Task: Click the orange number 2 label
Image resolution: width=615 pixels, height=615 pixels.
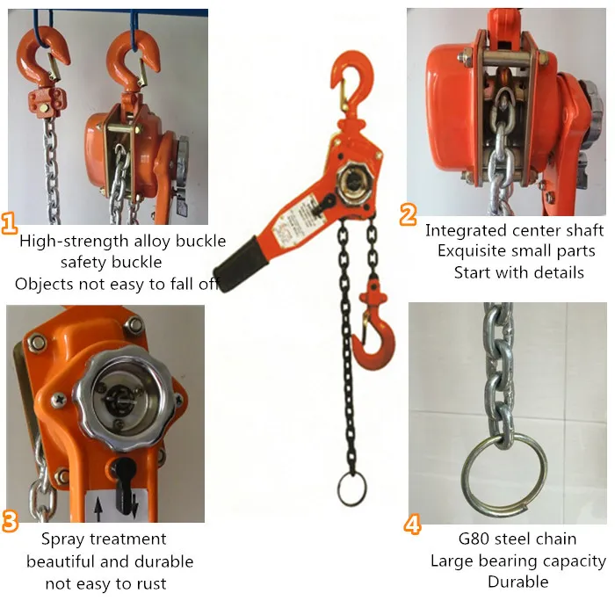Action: [x=408, y=214]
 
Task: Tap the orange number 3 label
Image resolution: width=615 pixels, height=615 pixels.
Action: [x=11, y=521]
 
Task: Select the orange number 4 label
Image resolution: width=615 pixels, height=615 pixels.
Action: [x=412, y=525]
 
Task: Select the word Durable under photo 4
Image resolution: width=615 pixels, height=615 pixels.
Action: [x=517, y=582]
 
